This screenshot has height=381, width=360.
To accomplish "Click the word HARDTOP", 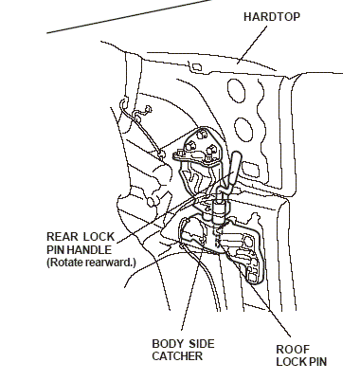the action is (272, 17).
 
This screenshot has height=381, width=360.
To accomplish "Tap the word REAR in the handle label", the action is (62, 237).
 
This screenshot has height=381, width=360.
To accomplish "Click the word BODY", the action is (168, 344).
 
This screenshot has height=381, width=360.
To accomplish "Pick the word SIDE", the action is (202, 344).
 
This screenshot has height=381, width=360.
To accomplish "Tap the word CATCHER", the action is (177, 356).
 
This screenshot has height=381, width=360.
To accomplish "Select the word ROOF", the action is (293, 350).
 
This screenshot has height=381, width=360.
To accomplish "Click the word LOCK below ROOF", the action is (290, 362).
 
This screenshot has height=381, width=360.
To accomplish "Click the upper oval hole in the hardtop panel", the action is (236, 90).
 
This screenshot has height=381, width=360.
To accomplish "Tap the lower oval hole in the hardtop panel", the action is (243, 129).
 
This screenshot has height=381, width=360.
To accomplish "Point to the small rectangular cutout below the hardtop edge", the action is (197, 67).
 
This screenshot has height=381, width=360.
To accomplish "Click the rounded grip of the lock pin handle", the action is (235, 168).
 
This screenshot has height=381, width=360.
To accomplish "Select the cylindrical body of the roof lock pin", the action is (221, 211).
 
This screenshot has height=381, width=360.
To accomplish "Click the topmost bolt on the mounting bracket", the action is (202, 134).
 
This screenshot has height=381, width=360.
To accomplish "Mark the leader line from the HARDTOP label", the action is (252, 45).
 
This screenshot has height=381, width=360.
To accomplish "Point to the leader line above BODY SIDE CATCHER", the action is (190, 287).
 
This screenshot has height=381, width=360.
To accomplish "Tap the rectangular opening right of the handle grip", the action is (251, 170).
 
